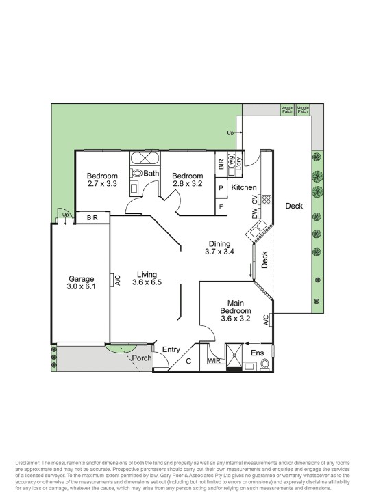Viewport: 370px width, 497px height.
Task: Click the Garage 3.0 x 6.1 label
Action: (x=81, y=283)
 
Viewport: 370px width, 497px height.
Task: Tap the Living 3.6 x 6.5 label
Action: (x=147, y=278)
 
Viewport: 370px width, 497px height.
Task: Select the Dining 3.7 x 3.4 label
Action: (x=219, y=247)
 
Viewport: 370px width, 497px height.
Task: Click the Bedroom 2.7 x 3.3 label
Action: (x=102, y=178)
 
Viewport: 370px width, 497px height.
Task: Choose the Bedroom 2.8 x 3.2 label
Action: (x=187, y=178)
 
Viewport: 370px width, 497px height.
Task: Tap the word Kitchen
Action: (x=243, y=187)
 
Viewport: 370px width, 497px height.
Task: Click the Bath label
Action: (x=151, y=174)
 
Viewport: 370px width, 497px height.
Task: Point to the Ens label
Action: (x=257, y=353)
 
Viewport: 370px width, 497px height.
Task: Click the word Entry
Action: (x=171, y=350)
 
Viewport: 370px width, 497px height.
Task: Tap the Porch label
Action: (x=142, y=358)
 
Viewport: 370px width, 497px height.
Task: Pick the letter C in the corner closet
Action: (x=189, y=362)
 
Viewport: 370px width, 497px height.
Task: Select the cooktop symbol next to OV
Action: (x=266, y=201)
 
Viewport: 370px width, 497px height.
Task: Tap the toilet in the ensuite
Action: (x=265, y=366)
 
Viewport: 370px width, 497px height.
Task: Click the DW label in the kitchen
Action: (x=254, y=218)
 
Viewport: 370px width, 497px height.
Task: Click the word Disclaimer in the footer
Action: (x=27, y=464)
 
